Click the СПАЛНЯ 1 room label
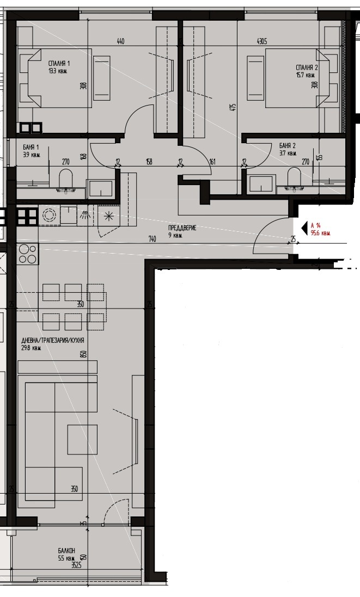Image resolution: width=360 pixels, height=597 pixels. tap(59, 64)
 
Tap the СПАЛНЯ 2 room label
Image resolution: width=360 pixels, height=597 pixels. tap(304, 67)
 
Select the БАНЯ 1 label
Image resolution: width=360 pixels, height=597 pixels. tap(31, 147)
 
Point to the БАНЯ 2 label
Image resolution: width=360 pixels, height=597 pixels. tap(287, 146)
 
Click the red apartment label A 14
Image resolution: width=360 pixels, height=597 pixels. tap(315, 225)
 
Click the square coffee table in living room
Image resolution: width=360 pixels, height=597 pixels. tap(82, 440)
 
